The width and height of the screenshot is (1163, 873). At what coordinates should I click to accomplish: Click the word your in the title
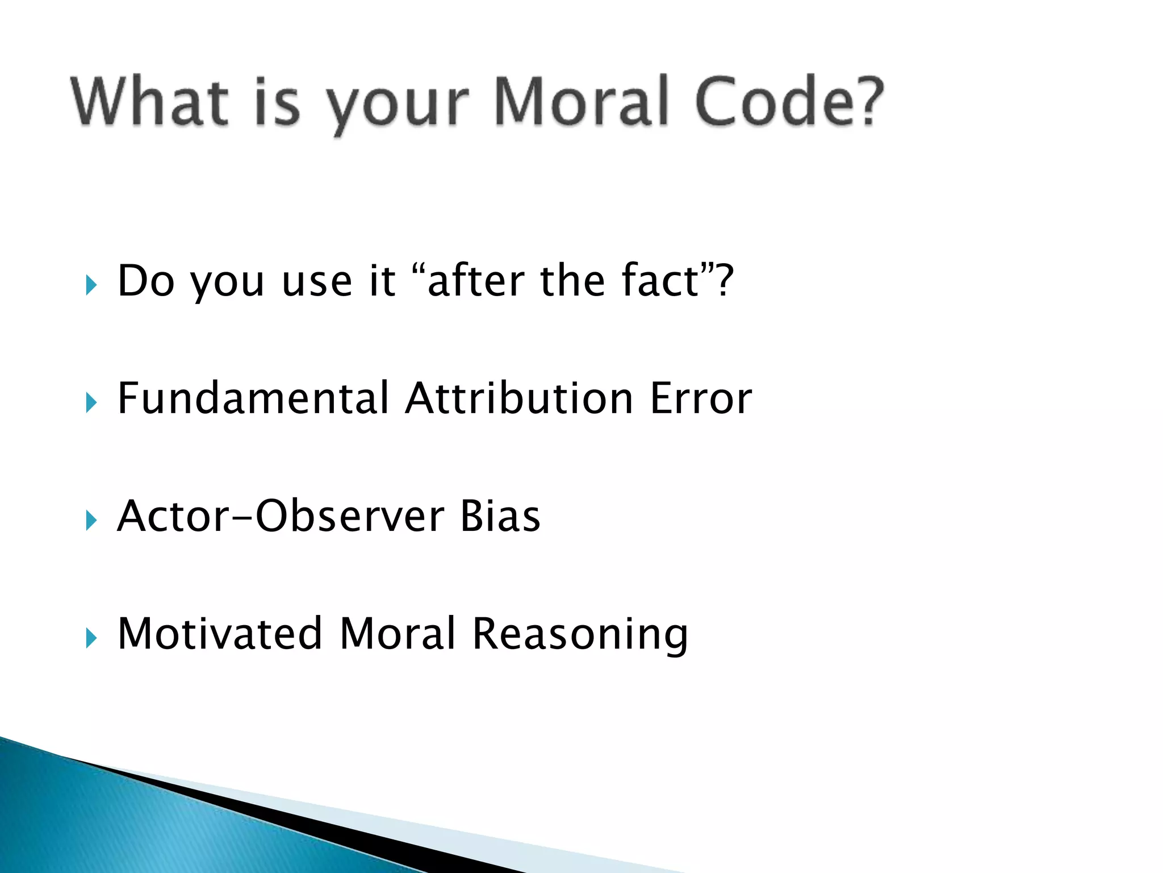398,108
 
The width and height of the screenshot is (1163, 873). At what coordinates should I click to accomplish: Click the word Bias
500,516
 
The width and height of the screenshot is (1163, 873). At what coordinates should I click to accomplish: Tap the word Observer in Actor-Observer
350,516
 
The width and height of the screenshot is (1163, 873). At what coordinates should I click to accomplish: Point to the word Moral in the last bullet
398,633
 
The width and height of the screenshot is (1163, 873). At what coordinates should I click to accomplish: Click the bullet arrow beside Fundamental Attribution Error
91,403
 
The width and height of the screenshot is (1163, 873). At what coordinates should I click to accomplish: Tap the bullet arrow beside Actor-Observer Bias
91,521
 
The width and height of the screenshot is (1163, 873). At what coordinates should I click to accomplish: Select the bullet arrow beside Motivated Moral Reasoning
91,638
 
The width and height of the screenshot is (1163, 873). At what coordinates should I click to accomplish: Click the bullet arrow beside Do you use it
91,285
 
